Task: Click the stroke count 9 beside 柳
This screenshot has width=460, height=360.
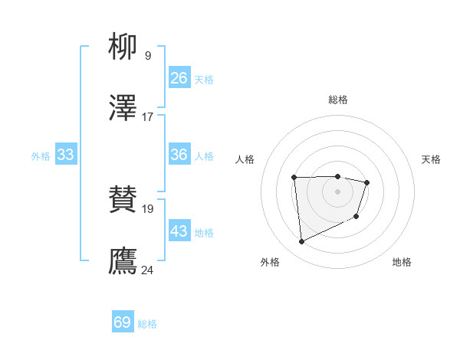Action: (147, 56)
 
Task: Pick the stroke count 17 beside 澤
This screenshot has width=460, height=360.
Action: (147, 117)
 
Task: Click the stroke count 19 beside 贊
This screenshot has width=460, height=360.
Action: (147, 208)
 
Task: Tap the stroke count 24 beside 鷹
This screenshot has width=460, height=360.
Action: (147, 270)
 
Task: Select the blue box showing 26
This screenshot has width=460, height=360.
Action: (179, 78)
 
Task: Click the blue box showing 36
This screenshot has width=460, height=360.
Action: (179, 155)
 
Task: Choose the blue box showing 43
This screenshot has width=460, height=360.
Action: (179, 231)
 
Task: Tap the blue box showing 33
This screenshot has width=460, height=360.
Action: (66, 155)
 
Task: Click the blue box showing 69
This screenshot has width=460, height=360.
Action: (123, 322)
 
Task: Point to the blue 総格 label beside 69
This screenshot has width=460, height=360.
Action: (147, 324)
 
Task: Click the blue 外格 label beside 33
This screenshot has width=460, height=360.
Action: (41, 156)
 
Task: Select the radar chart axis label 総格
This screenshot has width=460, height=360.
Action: (338, 100)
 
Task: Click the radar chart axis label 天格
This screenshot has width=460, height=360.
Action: (432, 159)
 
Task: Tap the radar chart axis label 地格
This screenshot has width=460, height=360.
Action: (402, 262)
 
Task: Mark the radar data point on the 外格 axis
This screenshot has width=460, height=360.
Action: (302, 242)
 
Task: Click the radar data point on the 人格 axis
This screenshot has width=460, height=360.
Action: (294, 178)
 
